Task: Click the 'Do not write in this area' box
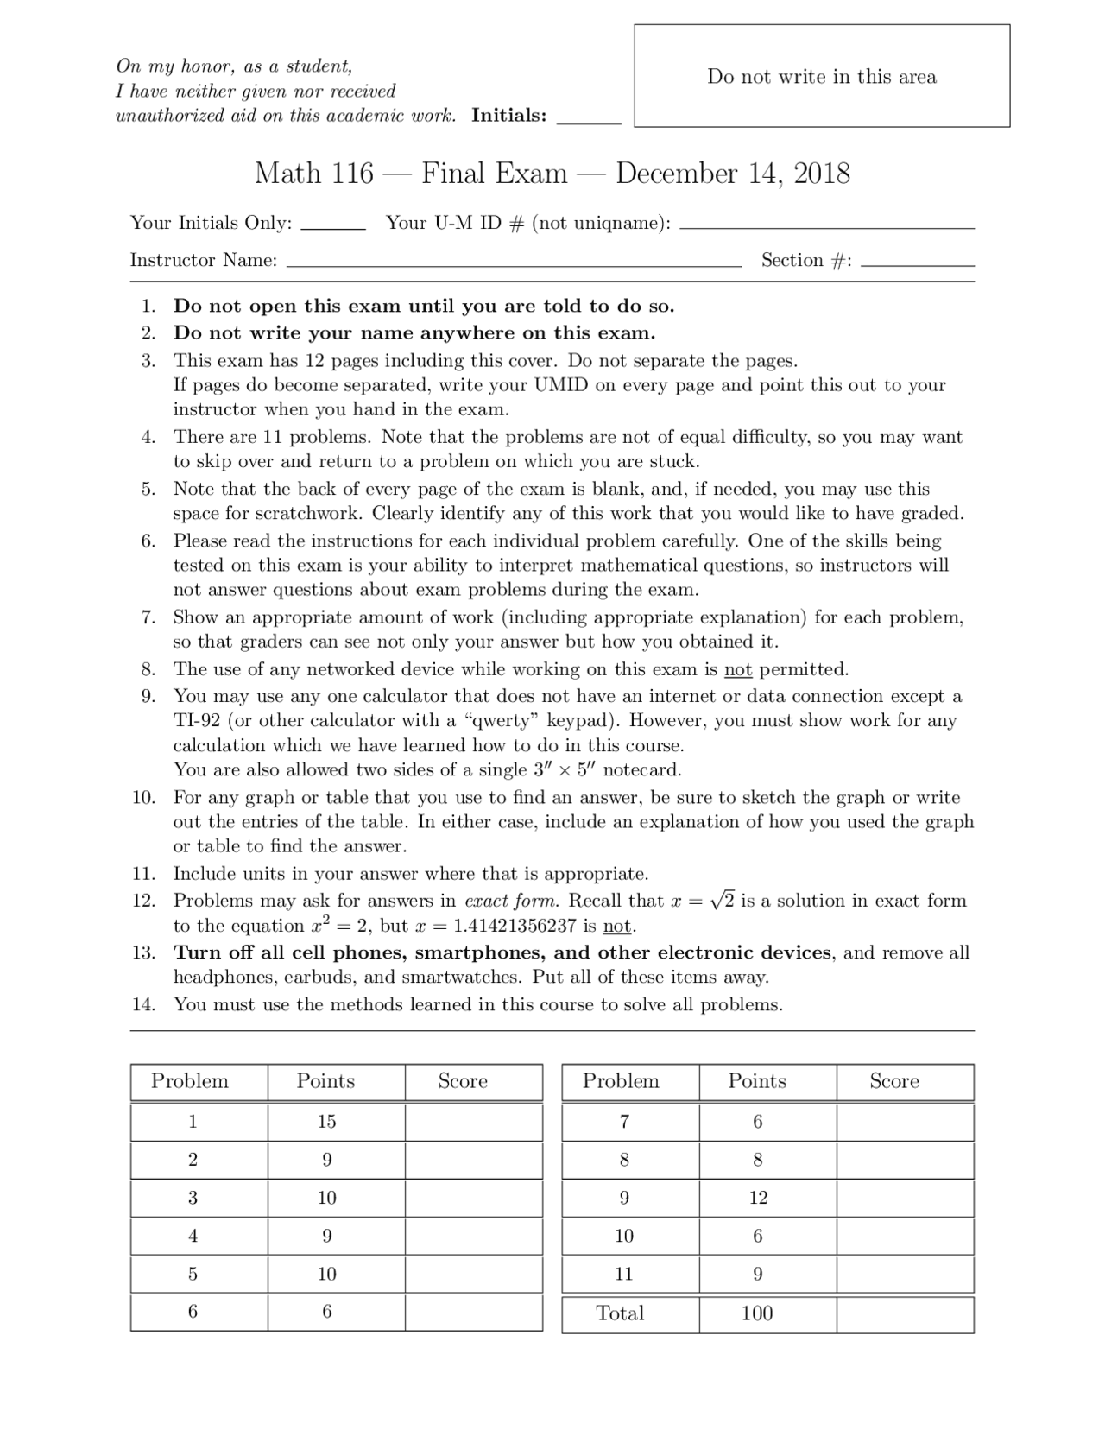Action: coord(821,76)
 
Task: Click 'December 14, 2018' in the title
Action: coord(732,174)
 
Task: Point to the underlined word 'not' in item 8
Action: coord(737,669)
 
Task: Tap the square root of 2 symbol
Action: coord(723,900)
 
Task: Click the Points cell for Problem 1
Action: coord(326,1122)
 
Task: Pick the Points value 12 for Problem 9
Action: coord(758,1198)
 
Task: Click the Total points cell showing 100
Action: coord(757,1313)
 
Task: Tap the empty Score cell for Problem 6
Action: coord(473,1312)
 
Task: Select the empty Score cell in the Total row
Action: coord(905,1313)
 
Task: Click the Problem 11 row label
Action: coord(624,1274)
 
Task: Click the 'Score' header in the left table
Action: coord(463,1081)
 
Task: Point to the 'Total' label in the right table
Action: coord(620,1313)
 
